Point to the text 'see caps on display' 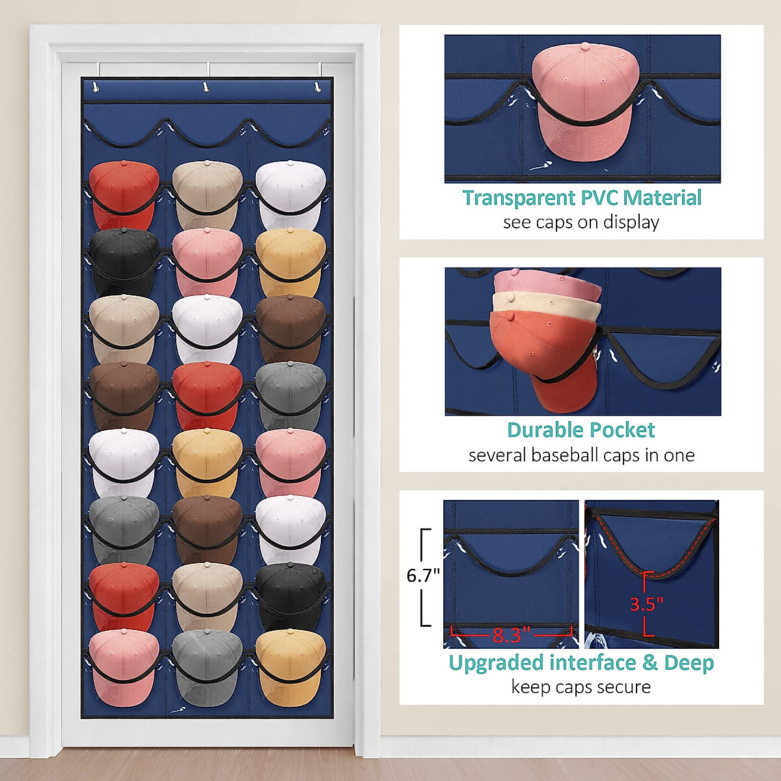pyautogui.click(x=581, y=223)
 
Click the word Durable pyautogui.click(x=543, y=430)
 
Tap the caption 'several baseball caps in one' pyautogui.click(x=581, y=455)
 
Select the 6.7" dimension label pyautogui.click(x=423, y=575)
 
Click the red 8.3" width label pyautogui.click(x=512, y=635)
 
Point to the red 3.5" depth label pyautogui.click(x=646, y=604)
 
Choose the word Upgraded pyautogui.click(x=497, y=663)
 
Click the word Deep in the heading pyautogui.click(x=689, y=663)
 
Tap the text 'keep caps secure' pyautogui.click(x=581, y=687)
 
